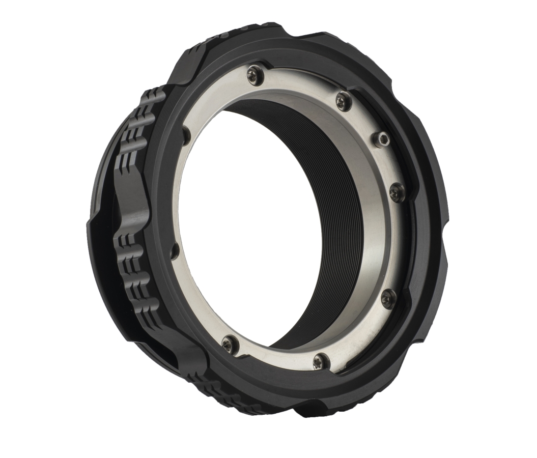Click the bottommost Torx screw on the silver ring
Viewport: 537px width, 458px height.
click(319, 361)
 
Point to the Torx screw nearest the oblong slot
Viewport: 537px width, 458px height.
click(228, 342)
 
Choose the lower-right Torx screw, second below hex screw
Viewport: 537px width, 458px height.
click(388, 297)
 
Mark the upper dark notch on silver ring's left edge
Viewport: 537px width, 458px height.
click(186, 133)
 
